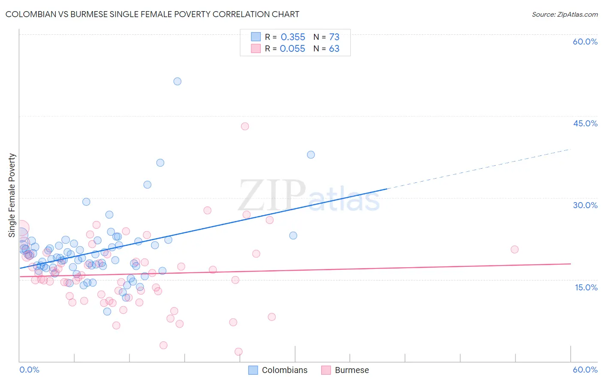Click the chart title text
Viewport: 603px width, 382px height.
(152, 14)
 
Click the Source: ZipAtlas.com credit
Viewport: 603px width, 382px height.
(564, 14)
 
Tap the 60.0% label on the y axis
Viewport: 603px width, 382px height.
(585, 42)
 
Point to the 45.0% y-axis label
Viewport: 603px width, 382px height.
(585, 123)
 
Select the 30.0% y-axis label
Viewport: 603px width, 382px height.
(585, 205)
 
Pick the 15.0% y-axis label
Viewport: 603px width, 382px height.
(586, 287)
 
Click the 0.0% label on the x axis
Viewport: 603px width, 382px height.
(29, 370)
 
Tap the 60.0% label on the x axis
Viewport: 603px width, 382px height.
(585, 370)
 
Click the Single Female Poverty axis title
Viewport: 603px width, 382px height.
(12, 195)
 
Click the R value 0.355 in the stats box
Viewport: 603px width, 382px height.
(293, 37)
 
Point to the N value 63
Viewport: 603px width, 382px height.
(334, 49)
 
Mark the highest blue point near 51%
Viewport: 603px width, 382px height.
(177, 81)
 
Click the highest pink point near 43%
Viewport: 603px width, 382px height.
(245, 126)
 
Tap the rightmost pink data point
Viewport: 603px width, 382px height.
(515, 249)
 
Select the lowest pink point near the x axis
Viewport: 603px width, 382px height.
(238, 352)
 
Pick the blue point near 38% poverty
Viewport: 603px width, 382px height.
(311, 155)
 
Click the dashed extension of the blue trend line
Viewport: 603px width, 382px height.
(480, 169)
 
